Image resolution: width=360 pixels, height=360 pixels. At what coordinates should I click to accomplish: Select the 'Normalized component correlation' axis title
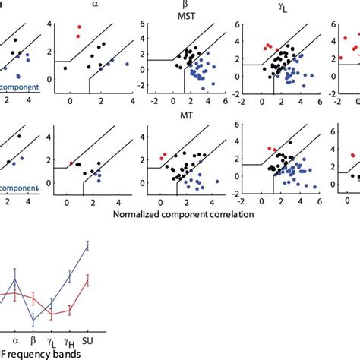[x=183, y=215]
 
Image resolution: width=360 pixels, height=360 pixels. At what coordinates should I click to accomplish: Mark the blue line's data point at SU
[x=88, y=245]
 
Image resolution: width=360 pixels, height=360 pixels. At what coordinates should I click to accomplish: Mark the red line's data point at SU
[x=88, y=281]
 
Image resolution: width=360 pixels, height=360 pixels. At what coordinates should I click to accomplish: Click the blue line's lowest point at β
[x=33, y=320]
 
